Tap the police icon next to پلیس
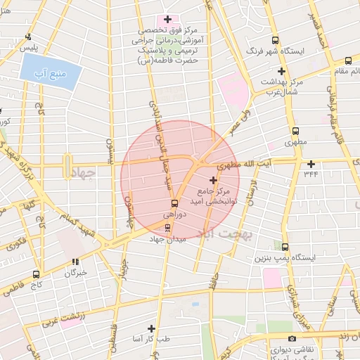point(27,37)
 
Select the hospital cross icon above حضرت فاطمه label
point(168,19)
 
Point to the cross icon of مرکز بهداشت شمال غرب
point(281,71)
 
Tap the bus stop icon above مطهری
point(295,131)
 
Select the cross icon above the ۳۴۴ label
point(310,163)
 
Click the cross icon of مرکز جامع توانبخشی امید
point(214,181)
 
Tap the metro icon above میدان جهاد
point(167,227)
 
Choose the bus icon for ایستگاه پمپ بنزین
point(285,247)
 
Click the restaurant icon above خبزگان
point(75,262)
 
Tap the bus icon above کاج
point(35,274)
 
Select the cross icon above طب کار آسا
point(151,328)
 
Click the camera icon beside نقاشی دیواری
point(272,339)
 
